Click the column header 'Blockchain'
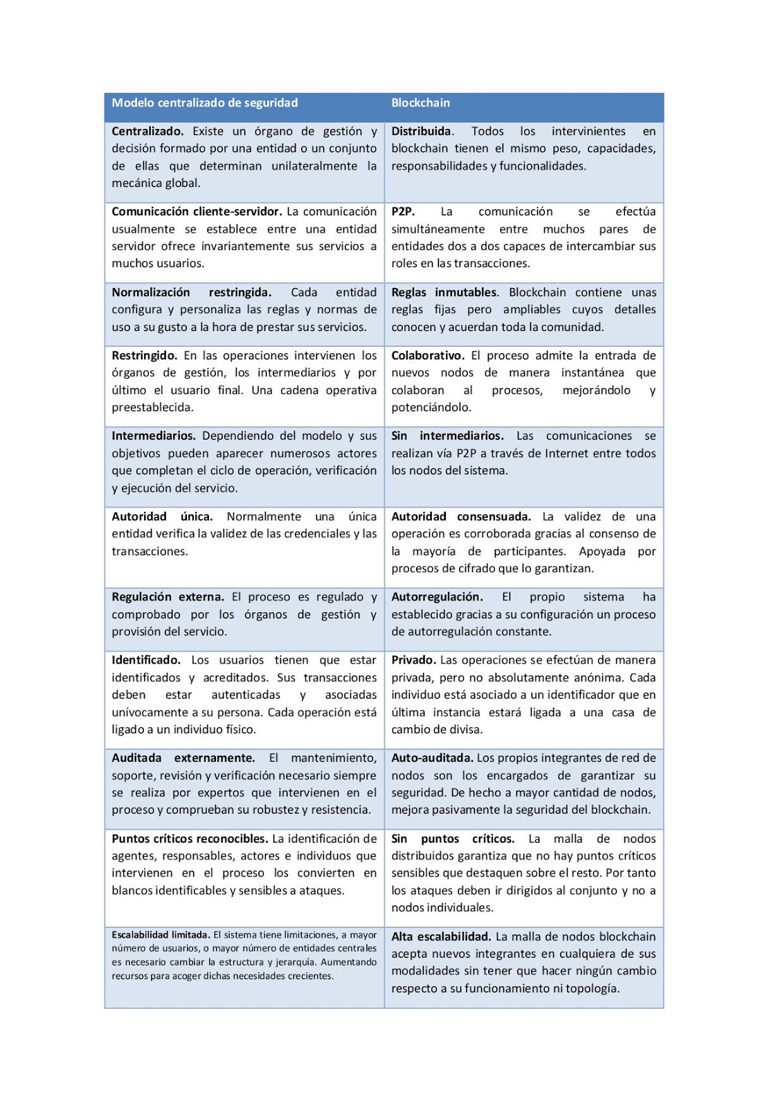(420, 103)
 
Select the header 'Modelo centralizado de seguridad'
(205, 103)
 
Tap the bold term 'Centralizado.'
(147, 132)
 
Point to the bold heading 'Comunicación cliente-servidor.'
(197, 212)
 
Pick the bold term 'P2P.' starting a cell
(403, 212)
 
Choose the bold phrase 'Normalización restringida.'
(191, 292)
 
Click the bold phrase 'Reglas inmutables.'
(444, 292)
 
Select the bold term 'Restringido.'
(144, 356)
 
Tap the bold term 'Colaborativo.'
(428, 356)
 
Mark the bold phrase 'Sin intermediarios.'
(447, 436)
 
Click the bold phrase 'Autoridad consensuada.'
(461, 517)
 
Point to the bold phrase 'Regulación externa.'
(168, 597)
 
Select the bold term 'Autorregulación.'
(437, 597)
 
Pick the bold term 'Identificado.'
(146, 661)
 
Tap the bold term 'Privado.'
(413, 661)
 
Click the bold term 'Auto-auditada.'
(432, 758)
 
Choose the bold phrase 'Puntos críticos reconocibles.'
(190, 839)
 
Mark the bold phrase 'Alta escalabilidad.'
(441, 937)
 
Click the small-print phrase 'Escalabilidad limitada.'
(161, 935)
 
